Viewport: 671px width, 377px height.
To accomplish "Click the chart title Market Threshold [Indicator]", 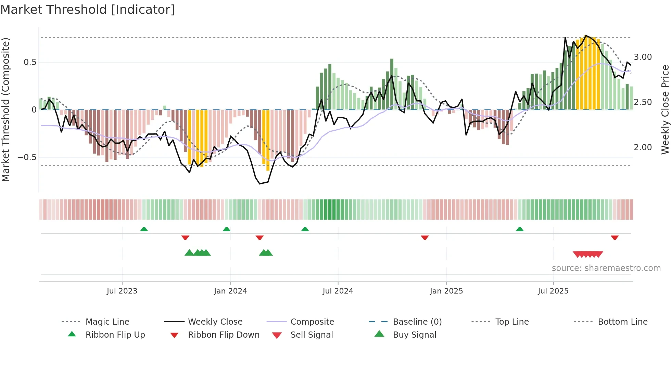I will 88,10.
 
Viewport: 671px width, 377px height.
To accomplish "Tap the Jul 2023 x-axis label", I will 122,291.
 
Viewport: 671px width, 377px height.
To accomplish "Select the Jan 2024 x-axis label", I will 230,291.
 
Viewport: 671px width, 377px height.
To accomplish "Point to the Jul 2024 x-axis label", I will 338,291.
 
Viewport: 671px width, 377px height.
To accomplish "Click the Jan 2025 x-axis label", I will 446,291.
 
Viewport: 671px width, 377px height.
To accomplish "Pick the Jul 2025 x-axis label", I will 553,291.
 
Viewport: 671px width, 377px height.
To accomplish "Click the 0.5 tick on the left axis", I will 30,62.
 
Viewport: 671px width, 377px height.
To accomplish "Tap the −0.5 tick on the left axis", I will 27,157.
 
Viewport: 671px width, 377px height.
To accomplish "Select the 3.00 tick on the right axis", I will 643,57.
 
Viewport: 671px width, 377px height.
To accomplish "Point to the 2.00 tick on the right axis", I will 643,147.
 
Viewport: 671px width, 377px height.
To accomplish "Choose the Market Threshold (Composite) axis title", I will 5,109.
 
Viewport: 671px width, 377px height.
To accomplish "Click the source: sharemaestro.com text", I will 606,268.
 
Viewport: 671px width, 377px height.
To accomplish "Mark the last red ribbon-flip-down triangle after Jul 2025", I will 615,237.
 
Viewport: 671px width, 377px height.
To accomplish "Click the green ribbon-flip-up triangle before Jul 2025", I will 520,229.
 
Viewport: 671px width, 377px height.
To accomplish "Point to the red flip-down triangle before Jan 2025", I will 425,237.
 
